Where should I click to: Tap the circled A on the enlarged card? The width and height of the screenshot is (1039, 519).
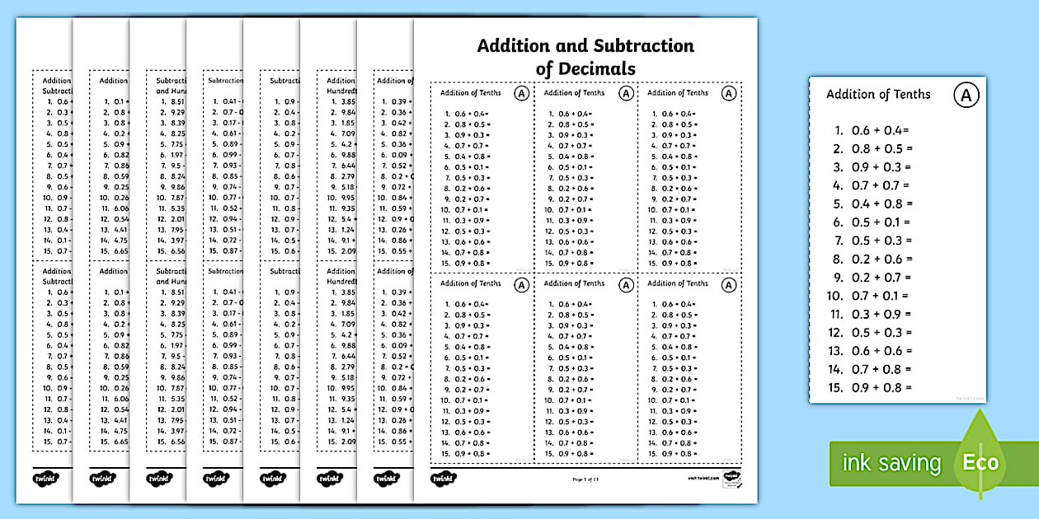tap(966, 96)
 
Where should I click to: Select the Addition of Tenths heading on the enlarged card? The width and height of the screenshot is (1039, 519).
tap(878, 94)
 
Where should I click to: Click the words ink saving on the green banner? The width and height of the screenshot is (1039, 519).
tap(891, 463)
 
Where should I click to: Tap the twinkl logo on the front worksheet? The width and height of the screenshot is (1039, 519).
tap(444, 478)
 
